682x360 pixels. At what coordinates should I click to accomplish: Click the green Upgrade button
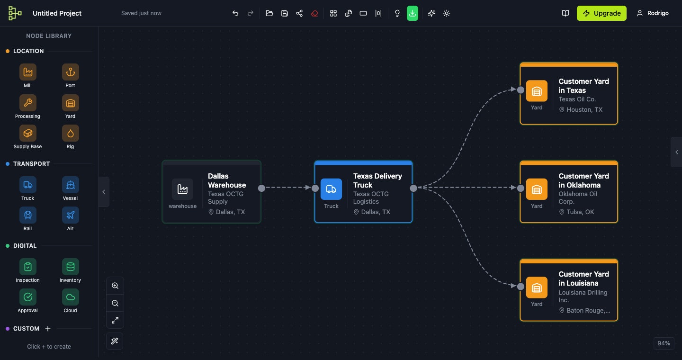[x=601, y=13]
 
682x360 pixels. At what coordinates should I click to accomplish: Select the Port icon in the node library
[x=71, y=72]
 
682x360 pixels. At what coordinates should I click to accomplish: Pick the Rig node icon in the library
[x=71, y=134]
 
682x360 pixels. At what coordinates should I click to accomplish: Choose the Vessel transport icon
[x=71, y=185]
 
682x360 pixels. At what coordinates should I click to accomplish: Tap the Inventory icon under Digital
[x=71, y=267]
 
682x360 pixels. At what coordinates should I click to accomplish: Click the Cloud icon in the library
[x=71, y=297]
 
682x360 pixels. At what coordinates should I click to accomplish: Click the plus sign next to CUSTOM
[x=48, y=329]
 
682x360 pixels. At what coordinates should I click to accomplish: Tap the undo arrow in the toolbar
[x=235, y=13]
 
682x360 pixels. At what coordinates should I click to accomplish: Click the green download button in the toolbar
[x=413, y=13]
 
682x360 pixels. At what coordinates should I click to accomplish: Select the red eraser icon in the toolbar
[x=314, y=13]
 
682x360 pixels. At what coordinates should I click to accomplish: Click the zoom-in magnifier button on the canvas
[x=115, y=286]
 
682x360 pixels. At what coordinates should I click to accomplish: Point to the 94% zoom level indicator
[x=664, y=343]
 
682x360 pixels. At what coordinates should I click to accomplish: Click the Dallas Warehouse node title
[x=227, y=180]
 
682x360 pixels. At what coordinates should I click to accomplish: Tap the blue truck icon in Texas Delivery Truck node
[x=331, y=189]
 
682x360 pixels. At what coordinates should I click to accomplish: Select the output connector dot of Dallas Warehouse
[x=261, y=188]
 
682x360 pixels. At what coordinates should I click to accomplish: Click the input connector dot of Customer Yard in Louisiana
[x=520, y=286]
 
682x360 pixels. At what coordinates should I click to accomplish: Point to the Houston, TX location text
[x=584, y=109]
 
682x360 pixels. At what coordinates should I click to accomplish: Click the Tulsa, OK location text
[x=580, y=212]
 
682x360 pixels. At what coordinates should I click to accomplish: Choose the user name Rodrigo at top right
[x=658, y=13]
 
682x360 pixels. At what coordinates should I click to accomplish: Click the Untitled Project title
[x=57, y=13]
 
